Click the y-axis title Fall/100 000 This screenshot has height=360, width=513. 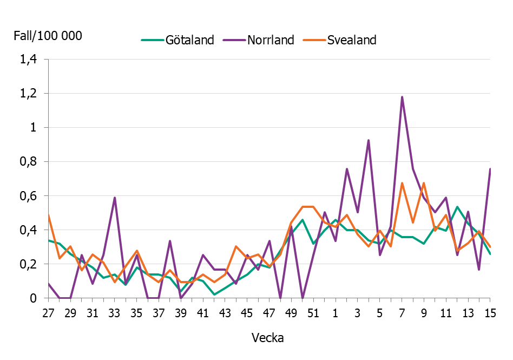(48, 36)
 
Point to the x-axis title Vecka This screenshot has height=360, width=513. (268, 338)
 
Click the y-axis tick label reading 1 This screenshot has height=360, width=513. (36, 128)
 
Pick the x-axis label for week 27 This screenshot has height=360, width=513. (49, 313)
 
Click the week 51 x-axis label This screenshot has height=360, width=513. (313, 313)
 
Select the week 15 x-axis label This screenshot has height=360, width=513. (490, 313)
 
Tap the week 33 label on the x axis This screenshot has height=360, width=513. (115, 313)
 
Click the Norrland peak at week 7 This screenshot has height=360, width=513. (402, 97)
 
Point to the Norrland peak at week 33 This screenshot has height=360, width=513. (115, 198)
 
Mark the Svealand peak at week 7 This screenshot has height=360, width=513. (402, 183)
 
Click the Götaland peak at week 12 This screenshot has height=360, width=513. (457, 207)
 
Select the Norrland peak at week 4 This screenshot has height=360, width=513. (369, 140)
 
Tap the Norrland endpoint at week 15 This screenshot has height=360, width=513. (490, 169)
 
